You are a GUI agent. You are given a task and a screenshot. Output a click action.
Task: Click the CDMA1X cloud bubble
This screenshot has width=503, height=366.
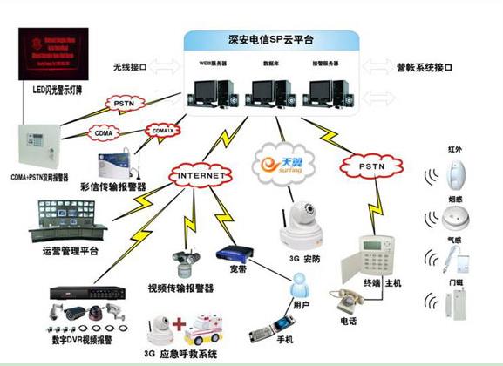162,131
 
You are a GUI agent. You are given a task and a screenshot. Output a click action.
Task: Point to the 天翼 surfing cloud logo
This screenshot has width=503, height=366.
281,165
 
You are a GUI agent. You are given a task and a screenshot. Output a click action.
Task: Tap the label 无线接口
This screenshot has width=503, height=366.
130,67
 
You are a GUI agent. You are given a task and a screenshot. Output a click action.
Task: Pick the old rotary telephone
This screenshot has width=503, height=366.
346,297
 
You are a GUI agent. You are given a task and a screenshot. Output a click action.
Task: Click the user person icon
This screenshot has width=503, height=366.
301,283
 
